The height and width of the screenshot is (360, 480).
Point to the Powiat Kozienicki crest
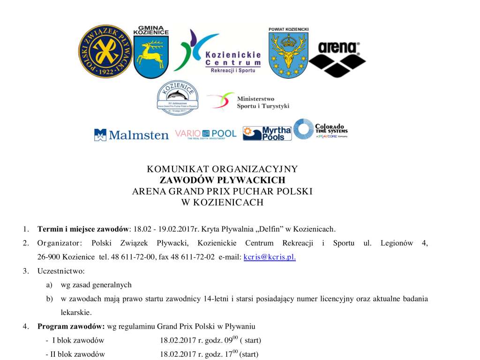[288, 52]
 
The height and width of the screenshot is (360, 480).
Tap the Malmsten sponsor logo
[131, 135]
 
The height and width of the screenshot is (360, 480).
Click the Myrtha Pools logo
[267, 134]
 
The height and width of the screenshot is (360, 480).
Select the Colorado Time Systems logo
[321, 130]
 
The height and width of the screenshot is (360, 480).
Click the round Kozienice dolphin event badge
[177, 98]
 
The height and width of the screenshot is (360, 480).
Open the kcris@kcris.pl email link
[270, 257]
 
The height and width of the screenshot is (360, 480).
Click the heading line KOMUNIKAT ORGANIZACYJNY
[222, 169]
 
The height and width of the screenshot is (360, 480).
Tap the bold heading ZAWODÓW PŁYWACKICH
[222, 180]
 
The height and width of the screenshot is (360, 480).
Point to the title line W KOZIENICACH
[222, 202]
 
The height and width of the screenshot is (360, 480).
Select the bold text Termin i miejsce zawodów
[82, 229]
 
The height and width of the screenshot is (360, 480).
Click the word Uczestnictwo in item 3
[60, 271]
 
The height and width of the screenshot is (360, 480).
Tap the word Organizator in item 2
[60, 243]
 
